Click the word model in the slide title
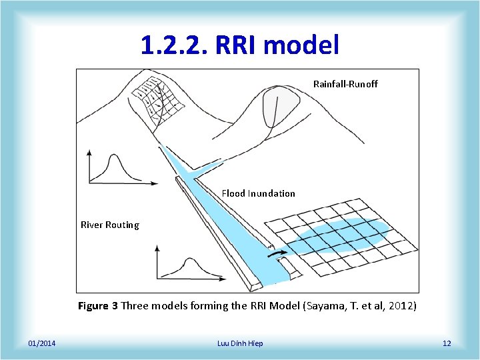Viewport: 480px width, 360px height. (x=303, y=45)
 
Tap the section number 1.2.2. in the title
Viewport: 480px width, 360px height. (x=175, y=45)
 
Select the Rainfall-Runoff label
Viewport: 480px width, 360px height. (x=345, y=84)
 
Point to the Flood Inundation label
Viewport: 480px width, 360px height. (x=258, y=193)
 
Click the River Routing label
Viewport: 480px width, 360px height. (x=110, y=225)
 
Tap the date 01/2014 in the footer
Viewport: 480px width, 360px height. (x=42, y=343)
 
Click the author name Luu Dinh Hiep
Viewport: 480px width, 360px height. (x=240, y=343)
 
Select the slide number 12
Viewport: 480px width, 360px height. (x=447, y=343)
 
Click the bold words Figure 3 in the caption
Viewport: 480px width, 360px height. (x=98, y=306)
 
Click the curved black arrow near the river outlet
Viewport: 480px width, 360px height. (x=275, y=253)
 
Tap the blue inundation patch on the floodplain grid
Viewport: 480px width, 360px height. (x=340, y=237)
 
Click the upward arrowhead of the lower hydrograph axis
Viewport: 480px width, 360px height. (x=157, y=248)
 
